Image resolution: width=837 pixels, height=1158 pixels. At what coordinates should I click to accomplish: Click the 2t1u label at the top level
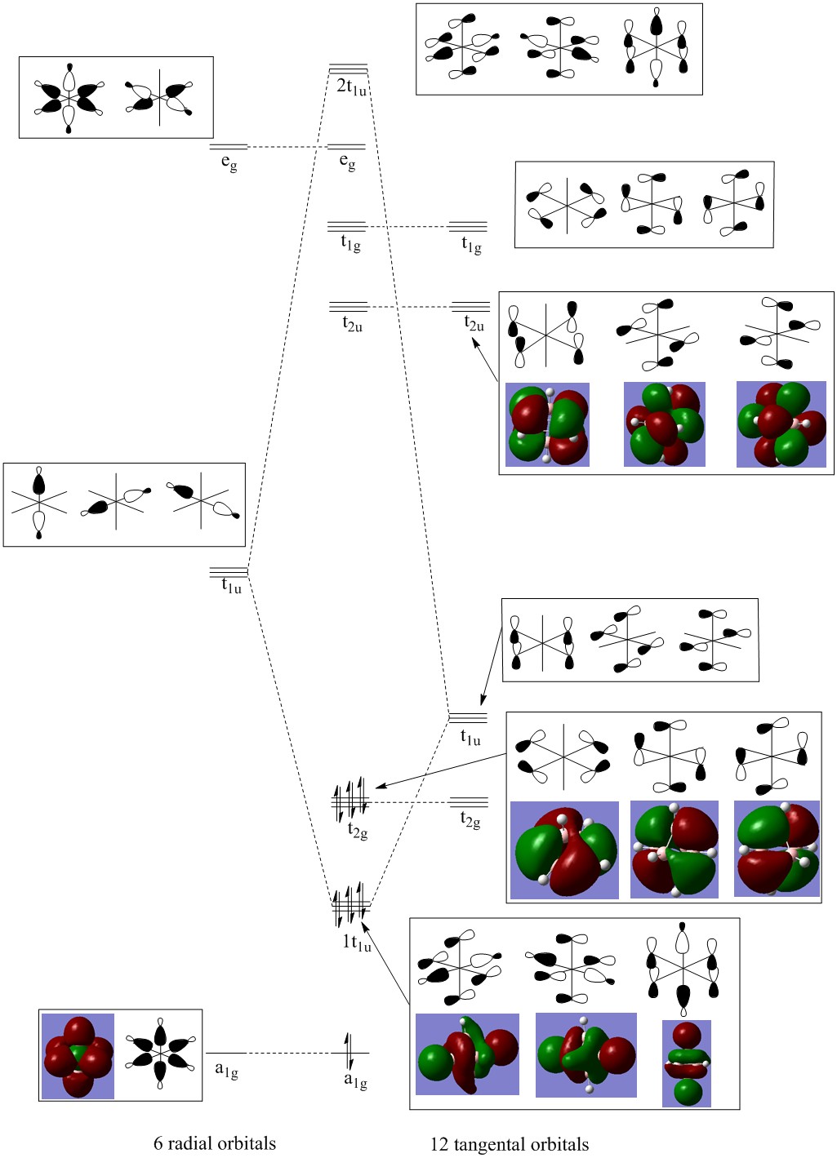pyautogui.click(x=351, y=87)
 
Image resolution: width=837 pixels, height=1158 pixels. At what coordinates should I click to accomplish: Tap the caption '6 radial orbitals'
pyautogui.click(x=215, y=1143)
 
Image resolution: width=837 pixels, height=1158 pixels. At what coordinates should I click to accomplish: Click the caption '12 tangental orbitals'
pyautogui.click(x=510, y=1144)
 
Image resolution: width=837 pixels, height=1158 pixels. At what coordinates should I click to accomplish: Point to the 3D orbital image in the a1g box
pyautogui.click(x=78, y=1056)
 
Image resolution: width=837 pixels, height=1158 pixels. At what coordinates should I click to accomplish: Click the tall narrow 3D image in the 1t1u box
pyautogui.click(x=687, y=1063)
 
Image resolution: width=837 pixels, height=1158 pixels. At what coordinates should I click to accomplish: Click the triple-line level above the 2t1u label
pyautogui.click(x=349, y=69)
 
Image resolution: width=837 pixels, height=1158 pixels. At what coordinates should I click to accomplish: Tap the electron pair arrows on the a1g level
pyautogui.click(x=349, y=1053)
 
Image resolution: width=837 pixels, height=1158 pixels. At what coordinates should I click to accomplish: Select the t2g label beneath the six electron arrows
pyautogui.click(x=357, y=831)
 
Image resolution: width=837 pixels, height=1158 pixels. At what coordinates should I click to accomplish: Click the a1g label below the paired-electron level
pyautogui.click(x=355, y=1080)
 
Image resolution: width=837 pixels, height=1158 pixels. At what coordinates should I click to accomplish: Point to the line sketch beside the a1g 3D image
pyautogui.click(x=160, y=1054)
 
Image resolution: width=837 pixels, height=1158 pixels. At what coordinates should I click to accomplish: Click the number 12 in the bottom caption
pyautogui.click(x=439, y=1144)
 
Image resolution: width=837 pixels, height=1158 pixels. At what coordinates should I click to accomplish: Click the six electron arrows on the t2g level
pyautogui.click(x=349, y=800)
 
